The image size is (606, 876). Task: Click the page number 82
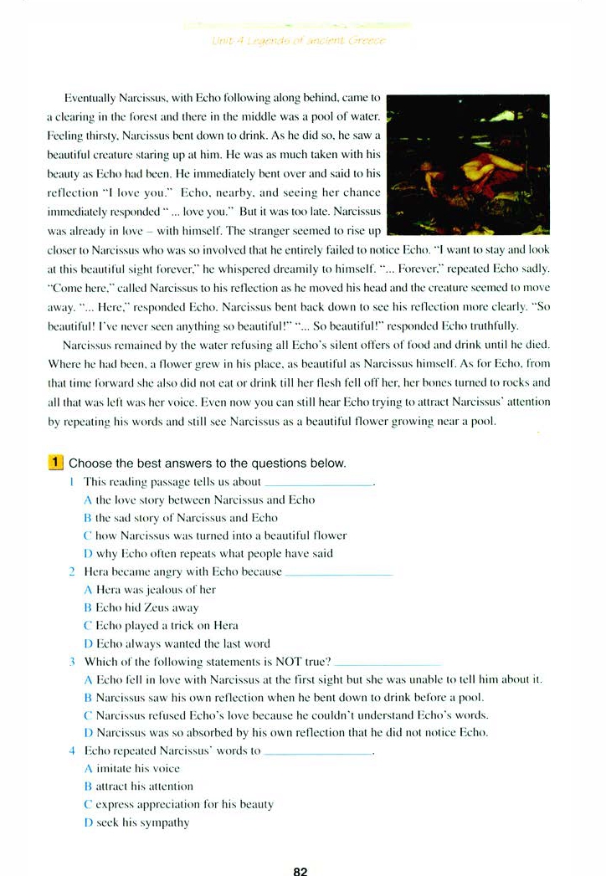301,870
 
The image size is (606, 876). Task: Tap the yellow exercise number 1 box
56,463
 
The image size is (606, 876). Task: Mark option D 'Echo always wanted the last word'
177,643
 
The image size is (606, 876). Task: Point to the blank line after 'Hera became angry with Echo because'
339,575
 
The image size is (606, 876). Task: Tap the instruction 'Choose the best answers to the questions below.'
207,464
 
